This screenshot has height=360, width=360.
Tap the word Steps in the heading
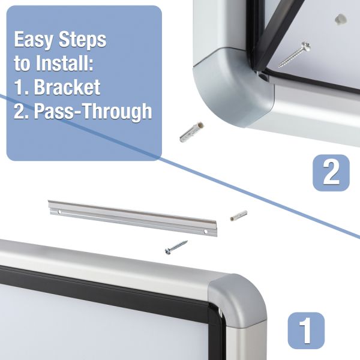82,39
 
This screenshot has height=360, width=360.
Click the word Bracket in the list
67,87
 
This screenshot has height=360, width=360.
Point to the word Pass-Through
93,111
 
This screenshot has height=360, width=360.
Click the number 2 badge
331,173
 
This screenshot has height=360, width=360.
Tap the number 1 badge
306,331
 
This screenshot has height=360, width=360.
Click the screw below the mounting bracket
176,247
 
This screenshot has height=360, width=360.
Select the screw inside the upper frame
295,55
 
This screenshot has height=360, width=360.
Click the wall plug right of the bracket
239,215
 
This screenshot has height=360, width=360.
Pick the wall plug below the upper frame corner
191,132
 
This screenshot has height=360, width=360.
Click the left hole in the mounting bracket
59,212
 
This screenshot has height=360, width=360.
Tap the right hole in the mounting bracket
205,232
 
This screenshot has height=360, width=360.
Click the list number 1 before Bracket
21,87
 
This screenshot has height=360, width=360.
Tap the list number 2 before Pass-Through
21,111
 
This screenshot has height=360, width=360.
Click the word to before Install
22,63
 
